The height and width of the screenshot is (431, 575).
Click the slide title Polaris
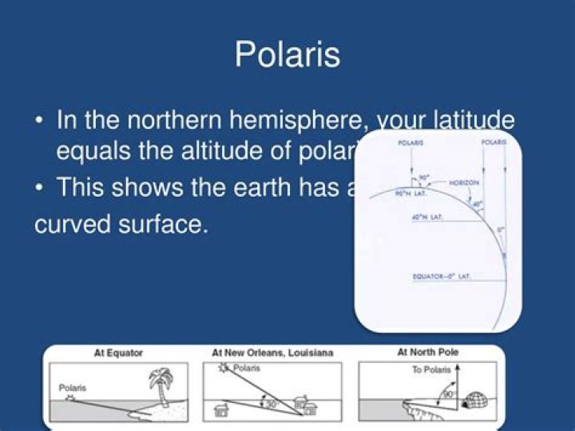click(287, 54)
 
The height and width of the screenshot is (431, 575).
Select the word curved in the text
click(77, 223)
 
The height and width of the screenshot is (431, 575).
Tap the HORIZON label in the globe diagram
click(464, 183)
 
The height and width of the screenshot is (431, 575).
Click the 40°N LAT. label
click(427, 217)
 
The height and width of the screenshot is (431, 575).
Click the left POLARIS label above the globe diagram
click(410, 142)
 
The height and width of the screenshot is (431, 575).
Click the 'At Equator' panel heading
click(119, 353)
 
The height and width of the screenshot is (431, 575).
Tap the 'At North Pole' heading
click(427, 352)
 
